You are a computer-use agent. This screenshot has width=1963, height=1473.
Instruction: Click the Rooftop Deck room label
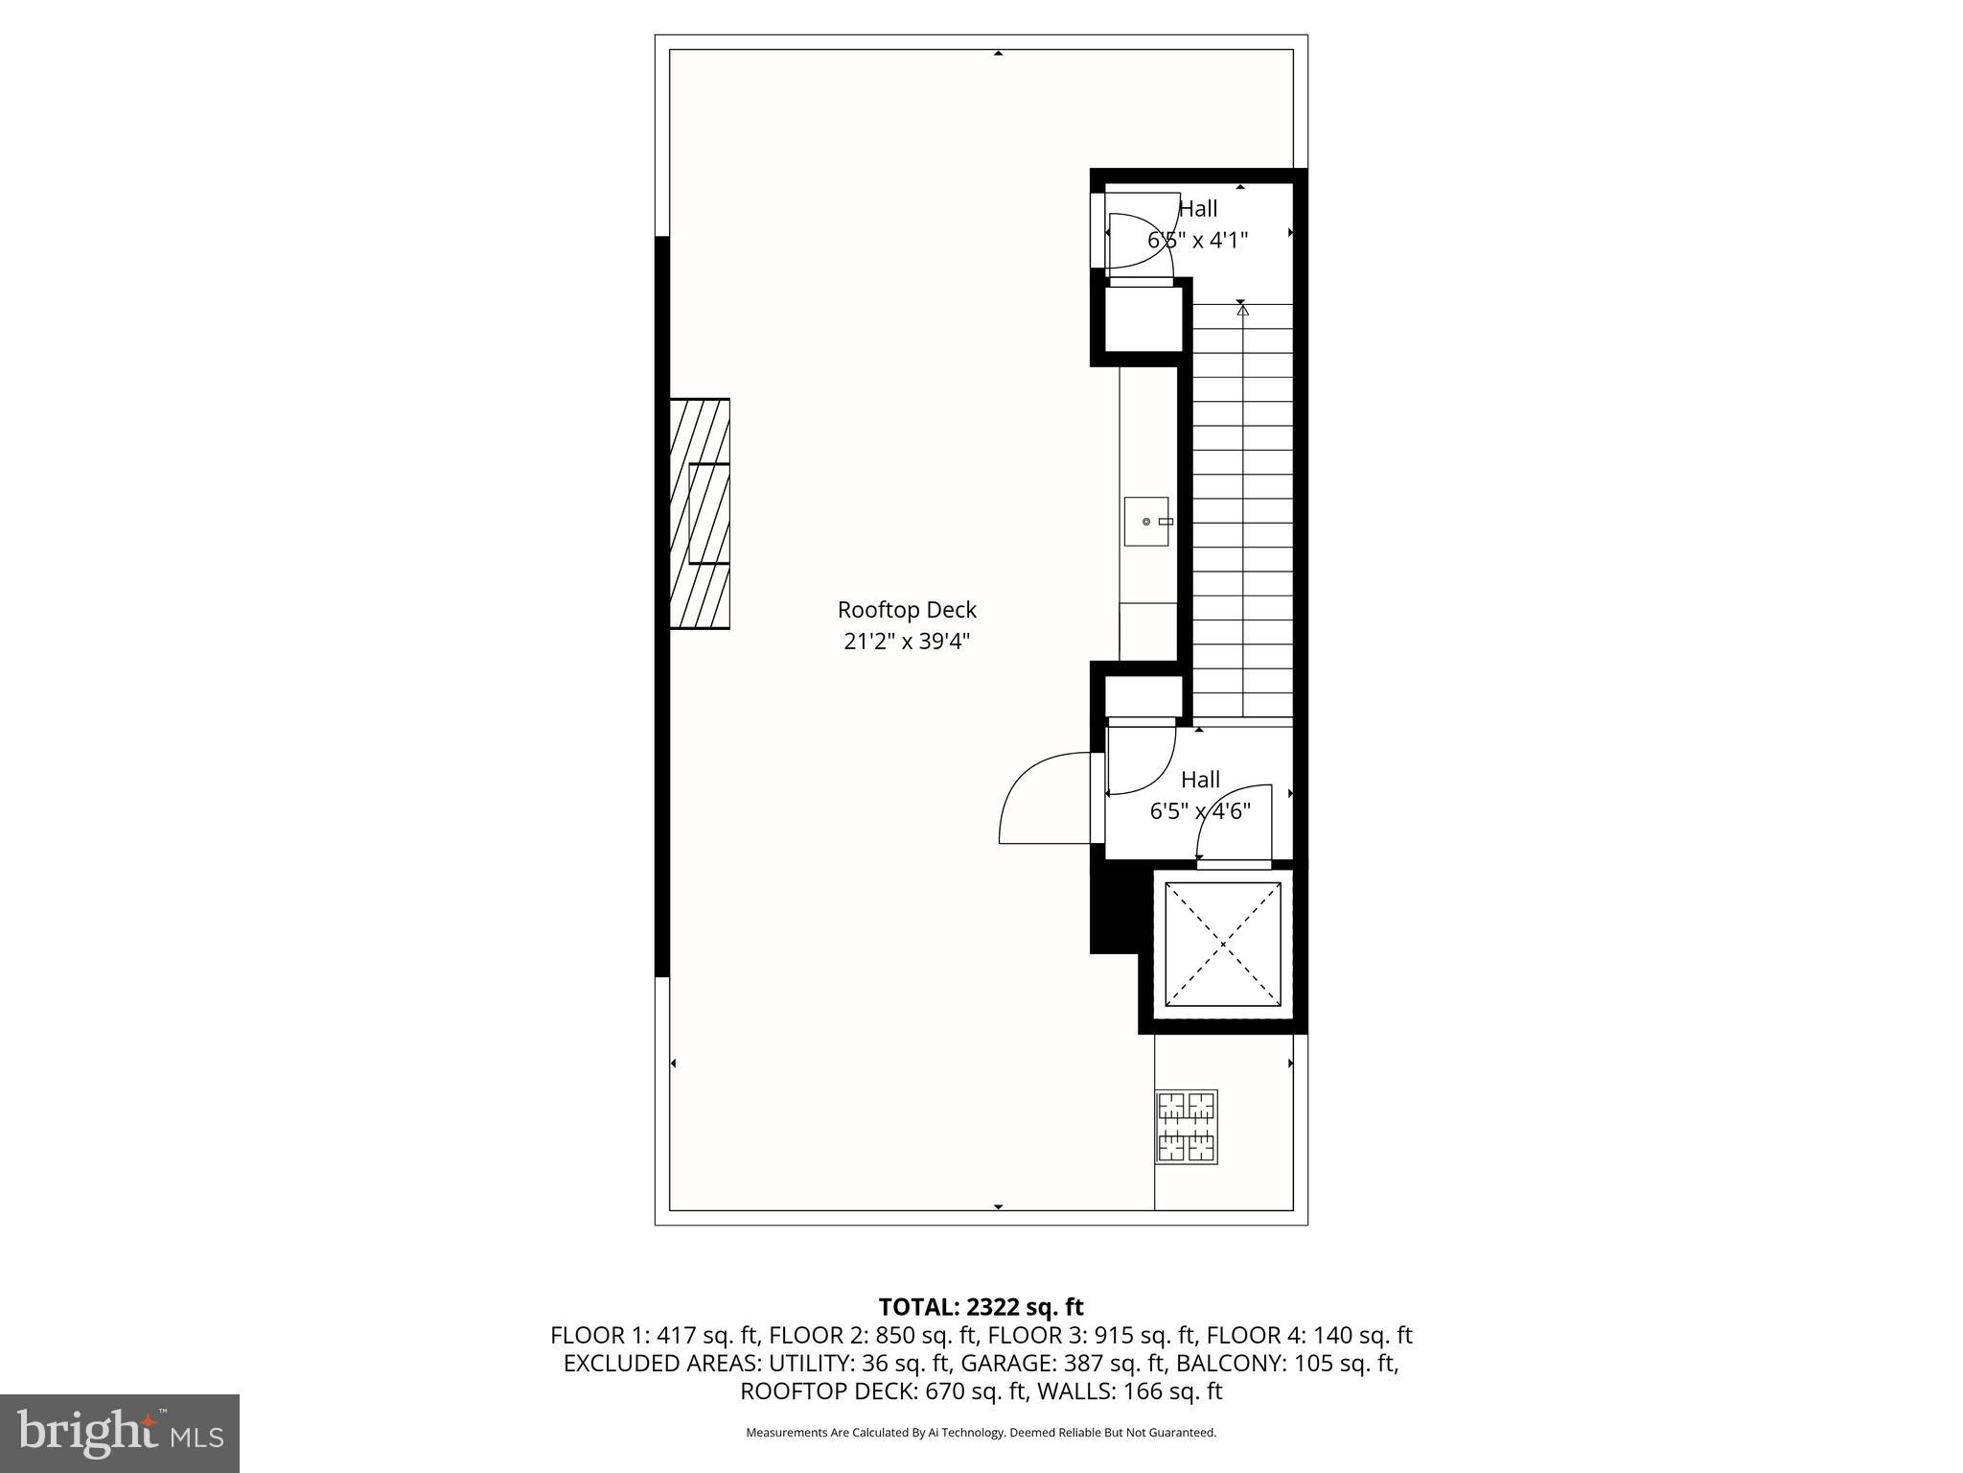tap(907, 610)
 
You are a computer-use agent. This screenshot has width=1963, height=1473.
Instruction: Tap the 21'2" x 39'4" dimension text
tap(907, 642)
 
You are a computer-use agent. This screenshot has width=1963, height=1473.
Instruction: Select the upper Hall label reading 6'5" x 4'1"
tap(1197, 240)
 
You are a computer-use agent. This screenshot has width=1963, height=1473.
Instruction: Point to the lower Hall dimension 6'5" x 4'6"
tap(1200, 811)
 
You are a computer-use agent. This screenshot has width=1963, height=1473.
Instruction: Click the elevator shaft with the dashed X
tap(1222, 944)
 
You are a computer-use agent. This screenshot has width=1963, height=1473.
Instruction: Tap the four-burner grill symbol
tap(1187, 1127)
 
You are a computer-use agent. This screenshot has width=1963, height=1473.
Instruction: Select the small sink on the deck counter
tap(1146, 522)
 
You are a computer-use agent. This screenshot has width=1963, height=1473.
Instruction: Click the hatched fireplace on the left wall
tap(699, 514)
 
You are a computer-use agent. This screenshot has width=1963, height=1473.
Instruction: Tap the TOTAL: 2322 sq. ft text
tap(981, 1307)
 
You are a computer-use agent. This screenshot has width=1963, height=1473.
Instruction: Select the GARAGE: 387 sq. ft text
tap(1064, 1363)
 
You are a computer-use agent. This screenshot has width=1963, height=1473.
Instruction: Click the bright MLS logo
tap(119, 1433)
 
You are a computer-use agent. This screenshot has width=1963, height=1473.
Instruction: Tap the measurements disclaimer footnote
tap(981, 1433)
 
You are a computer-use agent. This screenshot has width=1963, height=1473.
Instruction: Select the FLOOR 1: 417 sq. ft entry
tap(655, 1335)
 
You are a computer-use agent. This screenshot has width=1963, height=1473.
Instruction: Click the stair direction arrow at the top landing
tap(1242, 309)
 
